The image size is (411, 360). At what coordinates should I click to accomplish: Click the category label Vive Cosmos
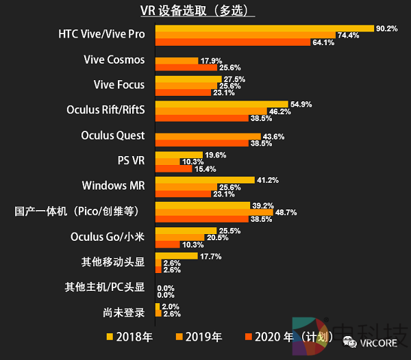114,60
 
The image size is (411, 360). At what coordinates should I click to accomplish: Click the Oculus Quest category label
112,135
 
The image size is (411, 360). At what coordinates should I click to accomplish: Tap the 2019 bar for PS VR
168,162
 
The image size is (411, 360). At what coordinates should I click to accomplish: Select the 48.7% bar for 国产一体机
214,212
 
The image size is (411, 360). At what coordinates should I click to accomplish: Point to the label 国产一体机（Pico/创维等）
79,211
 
